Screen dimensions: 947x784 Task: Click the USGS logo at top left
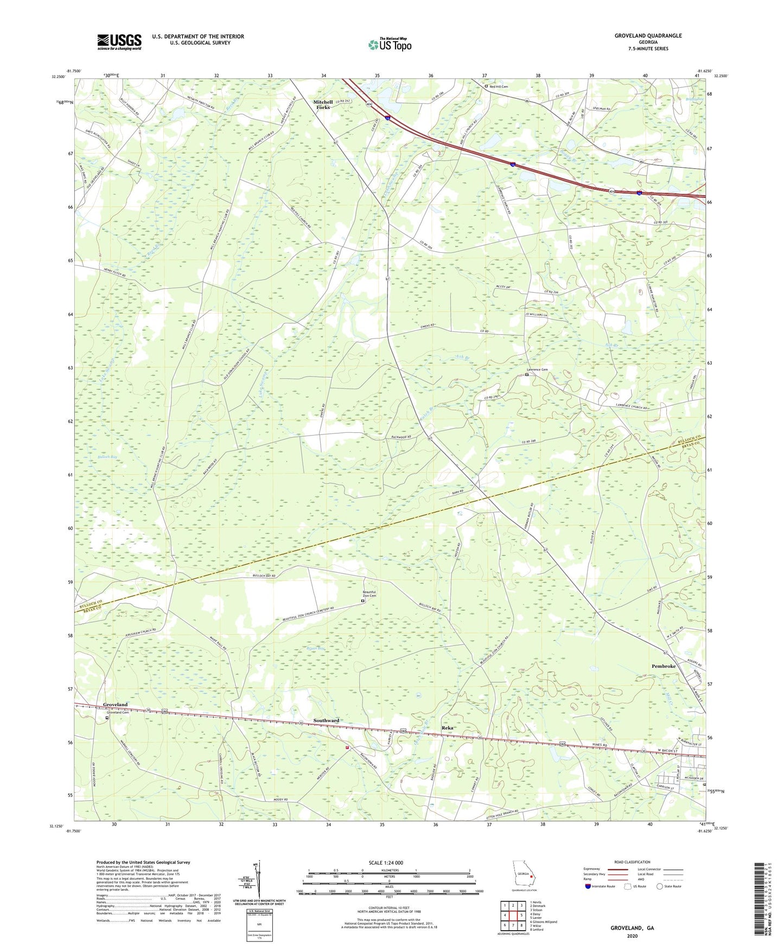(119, 42)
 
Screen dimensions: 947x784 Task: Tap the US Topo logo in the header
(390, 44)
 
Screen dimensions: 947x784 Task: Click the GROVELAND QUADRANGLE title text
(648, 36)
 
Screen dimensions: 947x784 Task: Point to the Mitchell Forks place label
(323, 105)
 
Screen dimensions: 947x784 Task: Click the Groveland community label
(115, 705)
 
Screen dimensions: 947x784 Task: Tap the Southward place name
(326, 720)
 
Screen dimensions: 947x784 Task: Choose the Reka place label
(447, 728)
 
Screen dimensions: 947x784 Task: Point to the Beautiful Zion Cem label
(369, 594)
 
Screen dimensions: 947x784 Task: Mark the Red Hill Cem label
(498, 86)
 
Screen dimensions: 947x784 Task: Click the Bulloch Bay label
(107, 457)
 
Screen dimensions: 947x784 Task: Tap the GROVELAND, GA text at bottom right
(632, 928)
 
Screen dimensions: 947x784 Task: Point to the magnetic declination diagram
(259, 880)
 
